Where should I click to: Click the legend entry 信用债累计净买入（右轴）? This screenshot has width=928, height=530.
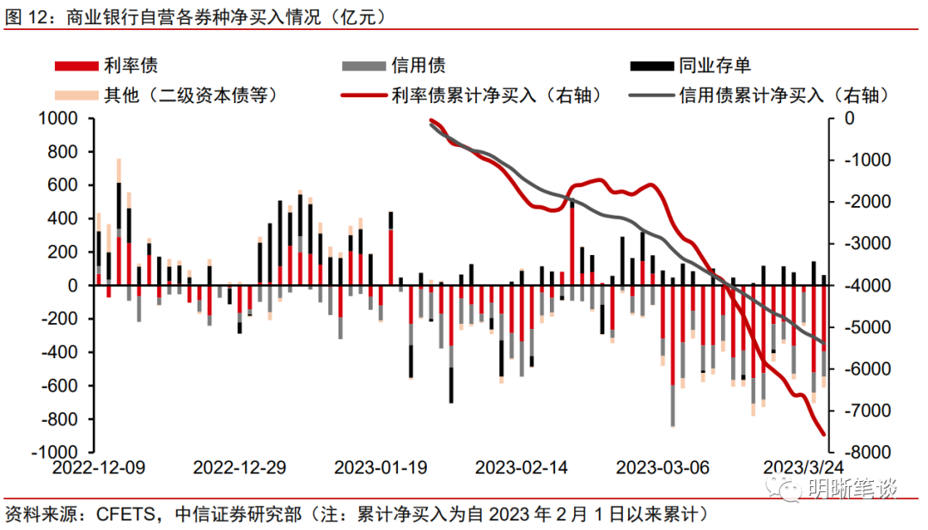coord(783,94)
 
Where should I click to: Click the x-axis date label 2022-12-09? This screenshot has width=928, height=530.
coord(99,468)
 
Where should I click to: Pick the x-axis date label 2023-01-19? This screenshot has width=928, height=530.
coord(381,468)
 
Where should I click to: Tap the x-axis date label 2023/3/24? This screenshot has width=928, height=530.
coord(804,468)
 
